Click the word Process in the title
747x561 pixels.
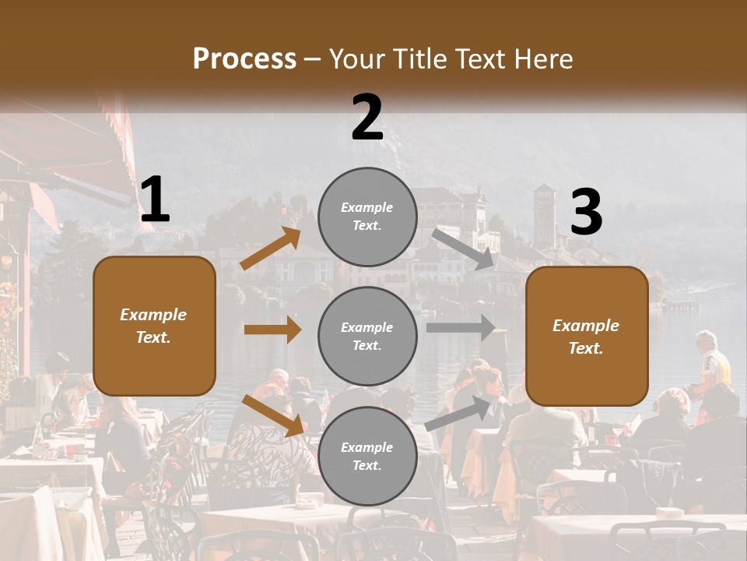point(244,58)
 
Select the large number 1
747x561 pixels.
point(155,199)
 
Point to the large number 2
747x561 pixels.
point(367,117)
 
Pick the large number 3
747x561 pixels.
point(586,212)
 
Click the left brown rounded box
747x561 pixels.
point(154,326)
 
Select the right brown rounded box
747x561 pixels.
point(587,336)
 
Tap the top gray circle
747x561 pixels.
point(367,217)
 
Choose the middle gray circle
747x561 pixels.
point(367,336)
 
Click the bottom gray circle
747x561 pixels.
point(367,456)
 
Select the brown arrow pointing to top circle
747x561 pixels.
point(271,249)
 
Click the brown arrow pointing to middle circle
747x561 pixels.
point(272,330)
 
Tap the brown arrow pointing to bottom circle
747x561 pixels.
point(272,415)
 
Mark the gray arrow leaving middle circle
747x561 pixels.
point(461,328)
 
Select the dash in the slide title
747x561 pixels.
point(313,59)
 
